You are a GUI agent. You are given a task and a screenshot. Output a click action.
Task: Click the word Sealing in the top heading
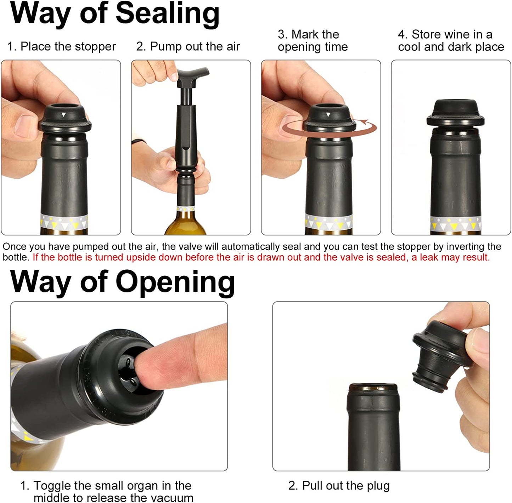pos(168,14)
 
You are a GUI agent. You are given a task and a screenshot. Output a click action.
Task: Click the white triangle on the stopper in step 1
pos(64,115)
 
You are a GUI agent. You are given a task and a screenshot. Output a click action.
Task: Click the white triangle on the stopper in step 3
pos(328,115)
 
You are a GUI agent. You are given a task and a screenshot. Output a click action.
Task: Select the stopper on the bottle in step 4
pos(455,113)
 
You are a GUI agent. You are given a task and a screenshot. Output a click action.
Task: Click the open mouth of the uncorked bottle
pos(373,388)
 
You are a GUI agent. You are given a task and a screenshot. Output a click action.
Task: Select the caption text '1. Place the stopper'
pos(62,46)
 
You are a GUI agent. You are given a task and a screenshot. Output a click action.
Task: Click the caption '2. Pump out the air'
pos(188,46)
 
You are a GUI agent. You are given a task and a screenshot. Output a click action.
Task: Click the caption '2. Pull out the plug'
pos(339,486)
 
